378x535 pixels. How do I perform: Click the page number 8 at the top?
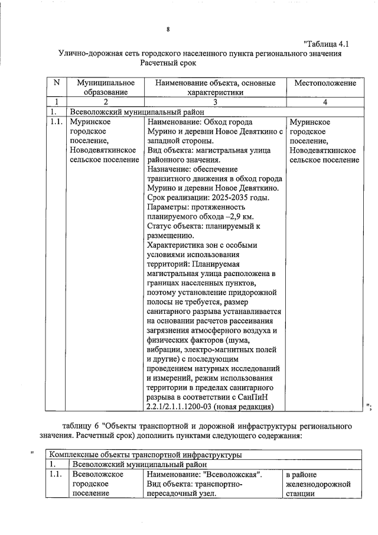coord(168,28)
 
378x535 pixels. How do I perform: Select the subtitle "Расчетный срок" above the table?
coord(168,62)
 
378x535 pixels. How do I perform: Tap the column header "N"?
coord(56,83)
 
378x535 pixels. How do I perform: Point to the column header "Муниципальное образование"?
coord(102,87)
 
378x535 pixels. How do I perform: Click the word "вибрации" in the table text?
coord(164,349)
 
